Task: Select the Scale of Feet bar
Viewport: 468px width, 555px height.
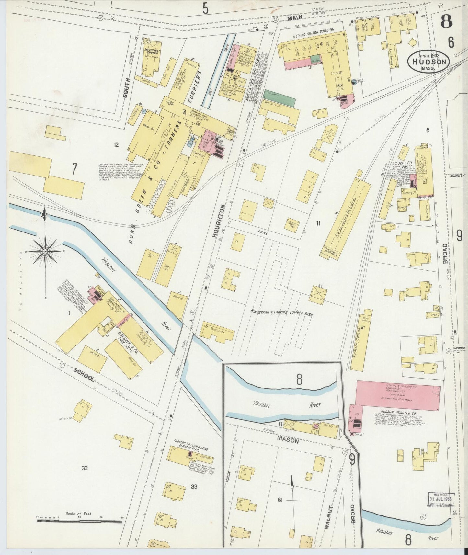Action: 79,522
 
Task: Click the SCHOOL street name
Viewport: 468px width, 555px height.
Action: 84,375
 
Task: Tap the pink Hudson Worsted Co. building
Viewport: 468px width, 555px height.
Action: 398,396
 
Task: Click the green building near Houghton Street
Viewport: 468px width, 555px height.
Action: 280,98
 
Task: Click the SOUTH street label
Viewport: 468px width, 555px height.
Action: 127,88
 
